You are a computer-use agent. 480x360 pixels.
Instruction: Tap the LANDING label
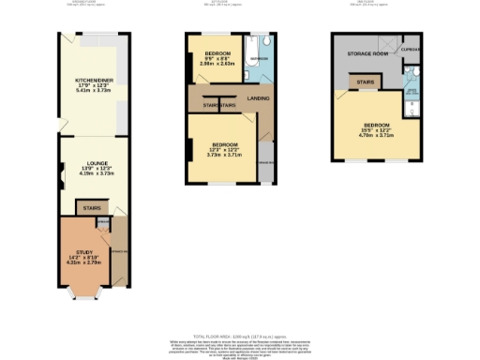(x=259, y=97)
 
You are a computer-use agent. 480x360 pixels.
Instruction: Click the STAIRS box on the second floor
(x=363, y=84)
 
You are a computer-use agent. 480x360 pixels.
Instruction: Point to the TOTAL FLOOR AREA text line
(x=239, y=333)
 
